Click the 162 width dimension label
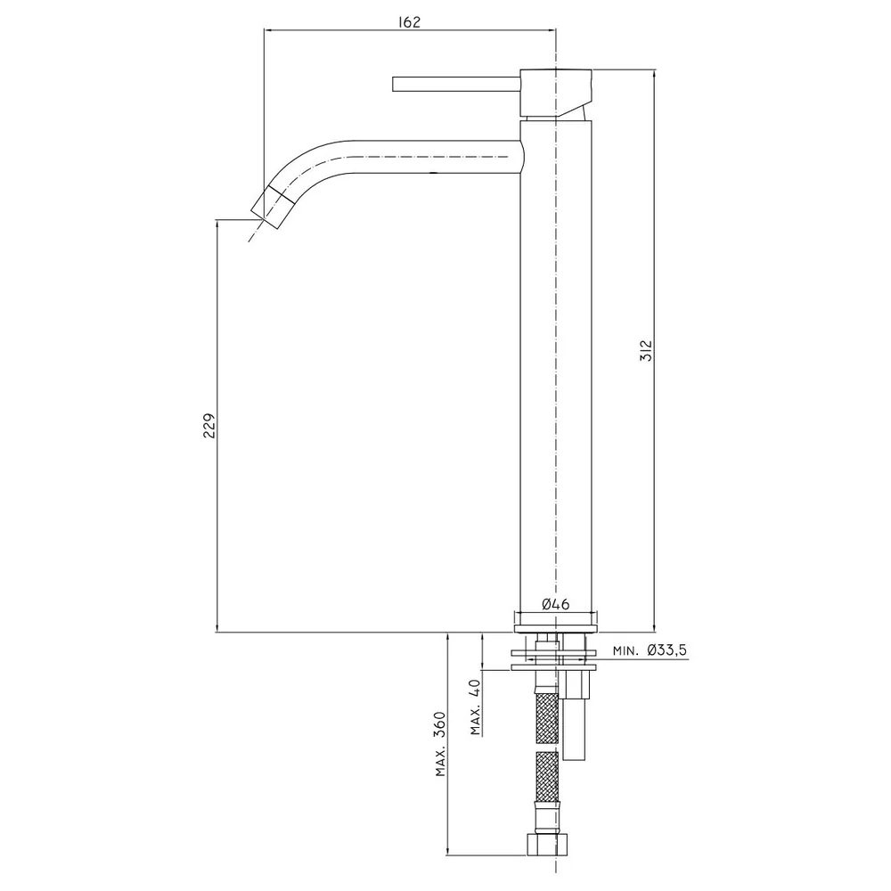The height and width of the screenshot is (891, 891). (409, 22)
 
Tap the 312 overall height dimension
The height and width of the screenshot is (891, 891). (646, 350)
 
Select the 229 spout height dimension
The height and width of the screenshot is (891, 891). (209, 425)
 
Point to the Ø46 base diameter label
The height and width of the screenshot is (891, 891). (555, 604)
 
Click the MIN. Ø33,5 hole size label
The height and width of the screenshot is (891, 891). (650, 650)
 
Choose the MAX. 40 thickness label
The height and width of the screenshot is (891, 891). (476, 707)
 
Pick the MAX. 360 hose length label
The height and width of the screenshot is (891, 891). (440, 744)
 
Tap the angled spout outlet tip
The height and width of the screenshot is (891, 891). (272, 208)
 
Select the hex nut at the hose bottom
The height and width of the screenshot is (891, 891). (547, 843)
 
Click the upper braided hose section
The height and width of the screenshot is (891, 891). (547, 717)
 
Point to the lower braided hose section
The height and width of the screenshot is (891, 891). (547, 777)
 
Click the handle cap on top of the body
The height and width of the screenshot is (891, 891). (556, 94)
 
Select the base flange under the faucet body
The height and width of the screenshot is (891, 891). (556, 629)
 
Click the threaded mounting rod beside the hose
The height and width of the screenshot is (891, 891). (574, 730)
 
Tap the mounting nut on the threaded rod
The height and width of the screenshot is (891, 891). (576, 684)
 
